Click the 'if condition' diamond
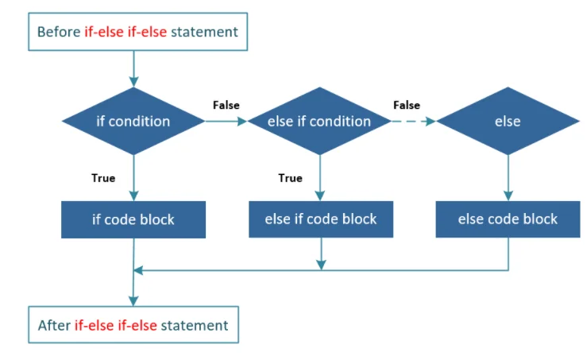pyautogui.click(x=133, y=122)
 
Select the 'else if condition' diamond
pyautogui.click(x=319, y=122)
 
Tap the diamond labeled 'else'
pyautogui.click(x=507, y=122)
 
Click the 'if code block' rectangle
pyautogui.click(x=133, y=219)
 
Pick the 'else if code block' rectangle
pyautogui.click(x=320, y=219)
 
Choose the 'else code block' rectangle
pyautogui.click(x=508, y=219)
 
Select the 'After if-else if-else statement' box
pyautogui.click(x=133, y=325)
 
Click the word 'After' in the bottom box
pyautogui.click(x=54, y=325)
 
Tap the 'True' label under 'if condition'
pyautogui.click(x=103, y=178)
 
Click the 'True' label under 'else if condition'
pyautogui.click(x=290, y=178)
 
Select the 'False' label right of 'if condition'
pyautogui.click(x=226, y=105)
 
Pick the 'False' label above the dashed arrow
pyautogui.click(x=407, y=105)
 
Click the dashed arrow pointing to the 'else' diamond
pyautogui.click(x=412, y=122)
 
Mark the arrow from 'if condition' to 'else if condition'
pyautogui.click(x=226, y=122)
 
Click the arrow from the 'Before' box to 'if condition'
pyautogui.click(x=133, y=68)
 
